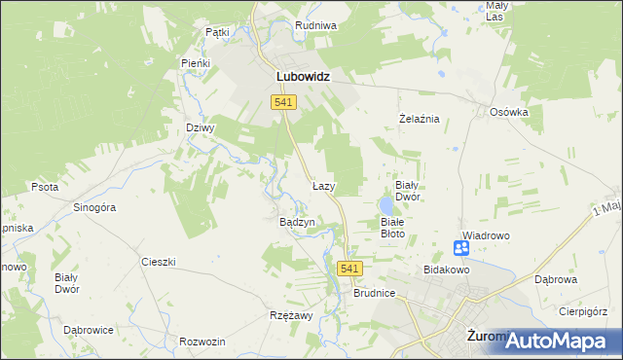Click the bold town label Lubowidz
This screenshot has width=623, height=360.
pyautogui.click(x=299, y=75)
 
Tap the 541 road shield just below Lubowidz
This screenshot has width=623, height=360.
pyautogui.click(x=284, y=102)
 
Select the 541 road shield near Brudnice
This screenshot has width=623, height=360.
pyautogui.click(x=351, y=269)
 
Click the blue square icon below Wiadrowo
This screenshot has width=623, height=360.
pyautogui.click(x=462, y=249)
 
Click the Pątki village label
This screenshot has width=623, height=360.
pyautogui.click(x=217, y=32)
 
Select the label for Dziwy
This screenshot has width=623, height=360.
pyautogui.click(x=200, y=127)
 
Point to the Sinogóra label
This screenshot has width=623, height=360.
pyautogui.click(x=95, y=207)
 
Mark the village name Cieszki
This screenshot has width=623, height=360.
pyautogui.click(x=158, y=262)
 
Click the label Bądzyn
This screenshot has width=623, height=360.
pyautogui.click(x=297, y=222)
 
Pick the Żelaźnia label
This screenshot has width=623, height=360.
pyautogui.click(x=421, y=119)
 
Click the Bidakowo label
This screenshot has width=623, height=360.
pyautogui.click(x=447, y=269)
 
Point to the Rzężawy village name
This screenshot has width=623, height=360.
pyautogui.click(x=290, y=316)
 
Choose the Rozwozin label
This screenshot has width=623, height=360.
pyautogui.click(x=202, y=342)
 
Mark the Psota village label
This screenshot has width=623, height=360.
pyautogui.click(x=45, y=187)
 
